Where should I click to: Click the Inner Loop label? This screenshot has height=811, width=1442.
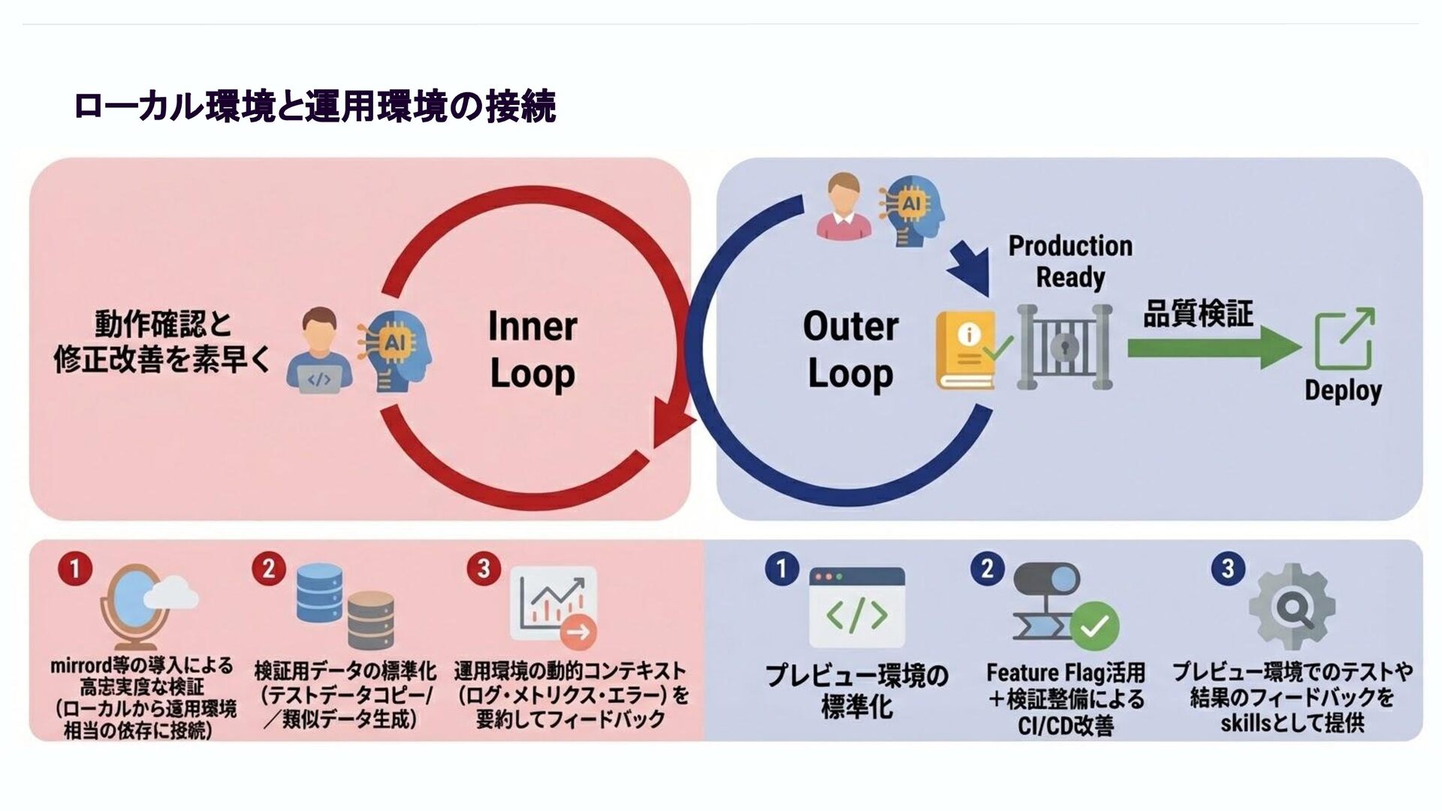coord(532,350)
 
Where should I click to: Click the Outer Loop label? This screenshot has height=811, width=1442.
coord(850,350)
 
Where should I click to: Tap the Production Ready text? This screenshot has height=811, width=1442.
coord(1070,261)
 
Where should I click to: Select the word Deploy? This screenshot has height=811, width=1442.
coord(1343,390)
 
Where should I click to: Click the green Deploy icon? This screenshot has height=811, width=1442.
coord(1344,339)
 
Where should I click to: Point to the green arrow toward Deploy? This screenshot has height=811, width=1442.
coord(1213,347)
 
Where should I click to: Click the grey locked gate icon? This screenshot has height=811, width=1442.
coord(1064,346)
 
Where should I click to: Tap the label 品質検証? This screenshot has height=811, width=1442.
coord(1198,313)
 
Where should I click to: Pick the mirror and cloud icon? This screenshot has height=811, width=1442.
coord(146,605)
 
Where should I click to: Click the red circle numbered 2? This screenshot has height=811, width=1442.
coord(268,568)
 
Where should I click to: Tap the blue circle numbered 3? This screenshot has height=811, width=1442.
coord(1228,568)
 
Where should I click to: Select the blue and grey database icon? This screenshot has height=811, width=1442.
coord(345,605)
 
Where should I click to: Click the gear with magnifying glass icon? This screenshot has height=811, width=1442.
coord(1292,607)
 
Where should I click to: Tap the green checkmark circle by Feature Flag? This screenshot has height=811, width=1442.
coord(1094,625)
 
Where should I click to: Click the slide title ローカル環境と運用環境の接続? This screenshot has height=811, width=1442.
coord(315,107)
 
